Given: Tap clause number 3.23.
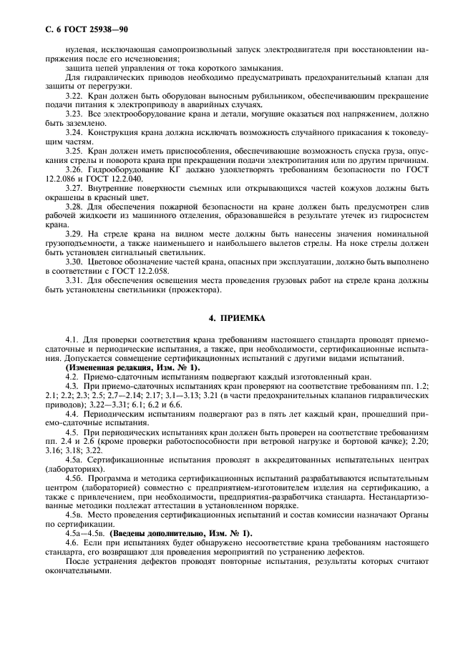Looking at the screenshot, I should click(75, 114).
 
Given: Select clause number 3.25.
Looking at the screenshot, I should click(75, 152).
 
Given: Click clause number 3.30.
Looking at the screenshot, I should click(75, 262).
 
